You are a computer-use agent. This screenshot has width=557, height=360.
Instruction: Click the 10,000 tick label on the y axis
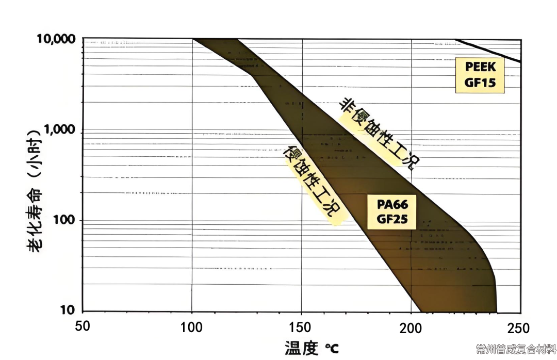(x=56, y=39)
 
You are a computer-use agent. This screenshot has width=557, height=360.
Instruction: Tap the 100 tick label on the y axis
(x=65, y=220)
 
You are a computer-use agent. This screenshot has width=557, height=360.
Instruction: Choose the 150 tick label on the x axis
(x=301, y=327)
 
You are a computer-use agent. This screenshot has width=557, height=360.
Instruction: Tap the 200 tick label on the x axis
(x=411, y=327)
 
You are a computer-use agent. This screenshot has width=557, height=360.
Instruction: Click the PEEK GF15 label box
(x=480, y=75)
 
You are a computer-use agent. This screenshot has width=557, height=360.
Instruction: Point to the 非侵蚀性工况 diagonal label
(x=379, y=133)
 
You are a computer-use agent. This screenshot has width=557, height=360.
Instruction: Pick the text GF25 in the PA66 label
(x=392, y=219)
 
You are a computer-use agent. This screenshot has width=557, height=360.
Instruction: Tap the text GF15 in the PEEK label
(x=480, y=83)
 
